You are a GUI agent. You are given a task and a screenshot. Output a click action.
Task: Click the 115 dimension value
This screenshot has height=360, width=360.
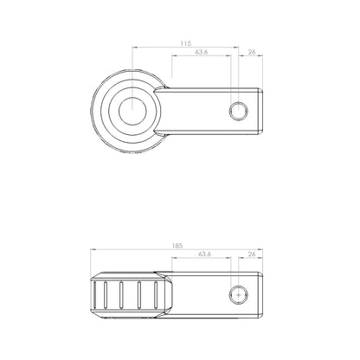click(186, 43)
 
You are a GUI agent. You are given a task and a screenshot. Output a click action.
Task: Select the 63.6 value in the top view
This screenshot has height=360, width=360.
click(202, 52)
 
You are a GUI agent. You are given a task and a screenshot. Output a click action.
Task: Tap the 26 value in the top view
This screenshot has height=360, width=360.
click(252, 52)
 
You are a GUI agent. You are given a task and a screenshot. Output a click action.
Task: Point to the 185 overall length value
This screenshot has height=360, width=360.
click(177, 246)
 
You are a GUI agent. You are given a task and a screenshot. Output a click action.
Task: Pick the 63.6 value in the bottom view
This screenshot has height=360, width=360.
click(205, 254)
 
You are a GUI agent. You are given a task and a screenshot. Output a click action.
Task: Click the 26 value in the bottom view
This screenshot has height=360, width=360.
click(252, 254)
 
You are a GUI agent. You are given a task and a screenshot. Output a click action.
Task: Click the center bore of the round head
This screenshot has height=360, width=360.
click(132, 111)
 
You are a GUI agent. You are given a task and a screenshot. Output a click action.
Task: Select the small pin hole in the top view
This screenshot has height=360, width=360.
click(239, 111)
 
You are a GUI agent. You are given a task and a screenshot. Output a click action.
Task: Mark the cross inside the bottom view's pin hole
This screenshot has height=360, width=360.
click(239, 295)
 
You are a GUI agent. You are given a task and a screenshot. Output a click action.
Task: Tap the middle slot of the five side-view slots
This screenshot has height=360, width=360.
click(121, 295)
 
